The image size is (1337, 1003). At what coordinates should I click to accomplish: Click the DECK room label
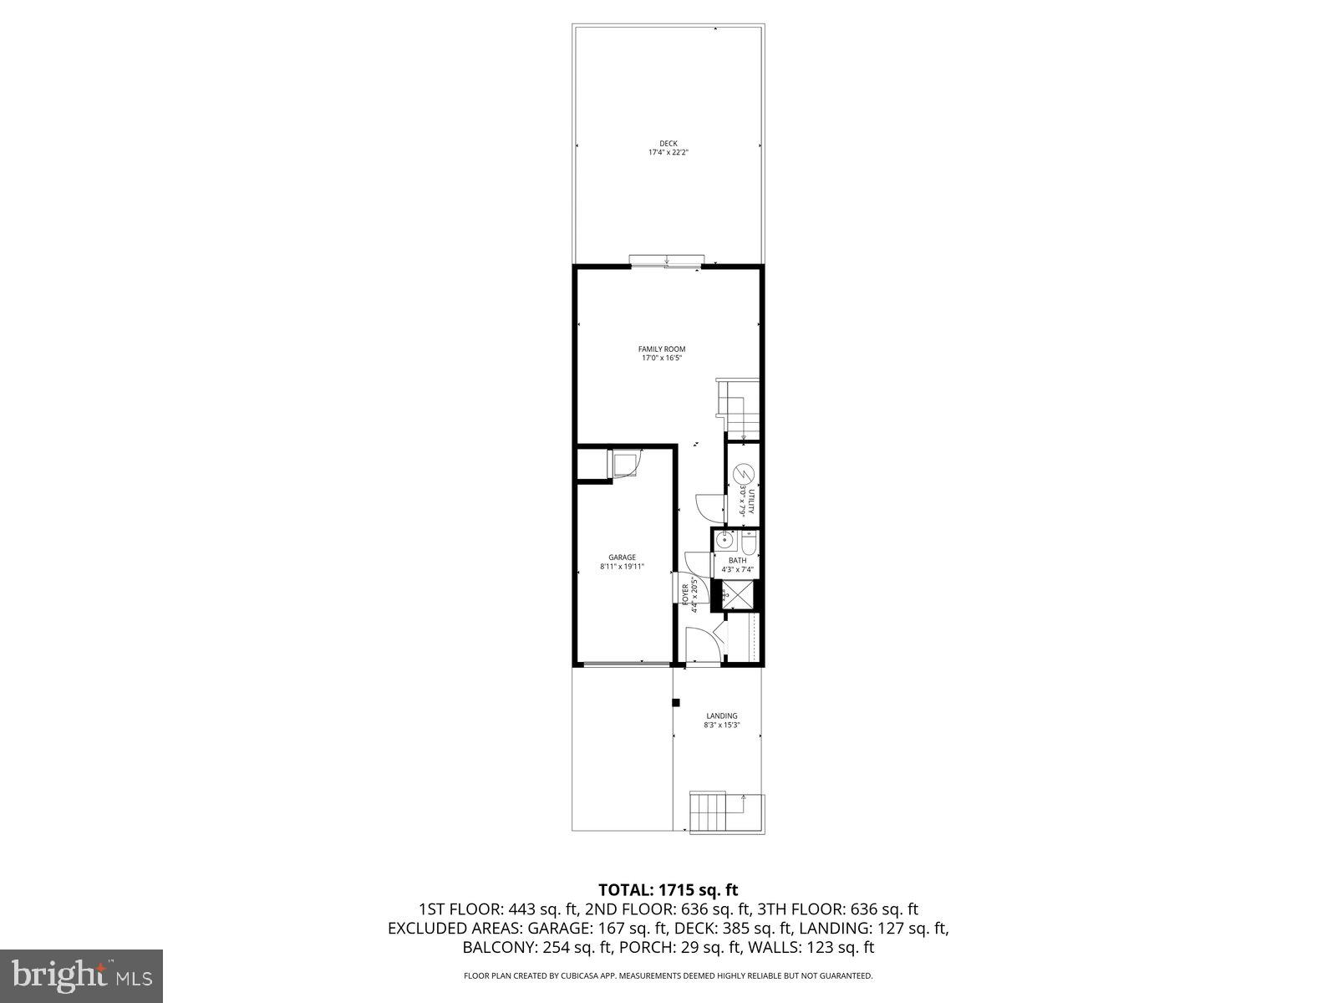click(668, 143)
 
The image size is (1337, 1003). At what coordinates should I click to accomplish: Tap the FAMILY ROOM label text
click(662, 349)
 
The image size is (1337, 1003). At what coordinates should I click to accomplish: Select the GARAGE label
click(622, 558)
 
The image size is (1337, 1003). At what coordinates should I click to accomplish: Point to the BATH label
click(738, 561)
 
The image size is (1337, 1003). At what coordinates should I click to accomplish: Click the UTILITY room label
click(751, 501)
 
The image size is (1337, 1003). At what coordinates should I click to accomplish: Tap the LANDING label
click(721, 715)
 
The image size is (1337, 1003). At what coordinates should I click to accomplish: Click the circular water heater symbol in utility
click(742, 476)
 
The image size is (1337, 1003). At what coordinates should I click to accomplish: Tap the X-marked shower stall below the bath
click(740, 595)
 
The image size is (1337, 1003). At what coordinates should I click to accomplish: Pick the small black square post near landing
click(677, 702)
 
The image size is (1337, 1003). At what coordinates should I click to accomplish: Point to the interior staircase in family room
click(740, 410)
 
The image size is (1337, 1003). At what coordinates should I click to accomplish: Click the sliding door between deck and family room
click(666, 261)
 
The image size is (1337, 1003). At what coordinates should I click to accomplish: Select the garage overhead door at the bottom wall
click(624, 664)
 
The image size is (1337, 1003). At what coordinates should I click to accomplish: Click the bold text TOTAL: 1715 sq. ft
click(668, 889)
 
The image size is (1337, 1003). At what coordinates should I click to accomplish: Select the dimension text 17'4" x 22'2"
click(668, 153)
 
